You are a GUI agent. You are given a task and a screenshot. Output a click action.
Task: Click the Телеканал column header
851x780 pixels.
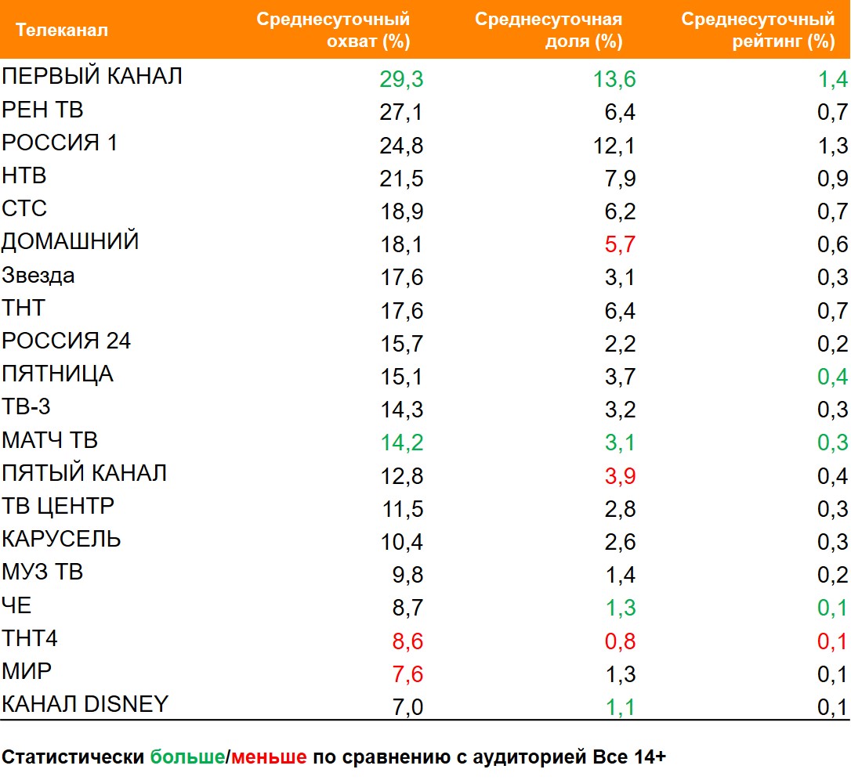coord(62,31)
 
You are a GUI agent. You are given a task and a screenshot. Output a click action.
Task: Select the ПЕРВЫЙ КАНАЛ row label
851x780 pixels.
coord(92,76)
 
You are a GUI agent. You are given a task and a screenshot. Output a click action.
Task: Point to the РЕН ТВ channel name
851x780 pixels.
coord(42,110)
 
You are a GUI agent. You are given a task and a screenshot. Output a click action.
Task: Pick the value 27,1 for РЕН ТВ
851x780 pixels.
coord(402,113)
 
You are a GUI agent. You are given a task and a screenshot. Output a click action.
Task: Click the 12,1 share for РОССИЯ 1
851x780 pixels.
coord(614,146)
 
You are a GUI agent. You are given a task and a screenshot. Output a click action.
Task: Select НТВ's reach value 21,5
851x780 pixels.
coord(402,179)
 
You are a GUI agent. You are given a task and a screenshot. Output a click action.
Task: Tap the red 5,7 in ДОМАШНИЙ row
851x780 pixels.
coord(619,245)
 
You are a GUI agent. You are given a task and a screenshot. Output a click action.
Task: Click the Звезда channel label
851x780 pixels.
coord(38,275)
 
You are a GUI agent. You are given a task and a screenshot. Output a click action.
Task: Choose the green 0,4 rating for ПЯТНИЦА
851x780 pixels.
coord(832,377)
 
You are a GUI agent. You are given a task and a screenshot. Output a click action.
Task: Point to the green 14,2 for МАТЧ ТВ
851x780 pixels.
coord(402,442)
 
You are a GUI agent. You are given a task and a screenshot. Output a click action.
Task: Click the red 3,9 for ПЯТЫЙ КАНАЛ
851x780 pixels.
coord(619,476)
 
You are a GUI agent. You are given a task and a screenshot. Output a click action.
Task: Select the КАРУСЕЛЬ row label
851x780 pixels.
coord(61,539)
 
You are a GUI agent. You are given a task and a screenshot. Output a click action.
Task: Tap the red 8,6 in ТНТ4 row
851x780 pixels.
coord(407,641)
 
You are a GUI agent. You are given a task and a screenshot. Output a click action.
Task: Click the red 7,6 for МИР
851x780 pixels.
coord(407,674)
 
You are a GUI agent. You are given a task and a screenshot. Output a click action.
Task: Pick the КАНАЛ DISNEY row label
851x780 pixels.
coord(85,704)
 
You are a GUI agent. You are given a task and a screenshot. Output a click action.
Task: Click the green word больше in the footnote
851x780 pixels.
coord(187,757)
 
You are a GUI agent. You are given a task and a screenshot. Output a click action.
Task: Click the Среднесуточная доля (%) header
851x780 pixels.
coord(549,31)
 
